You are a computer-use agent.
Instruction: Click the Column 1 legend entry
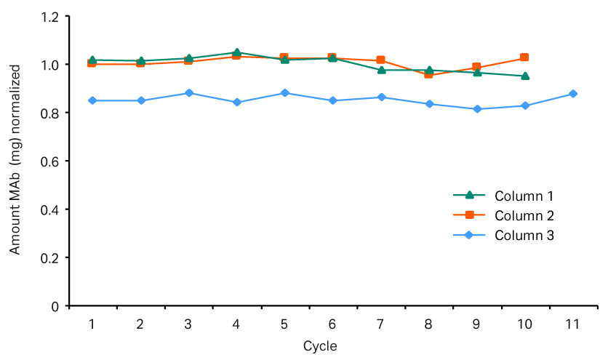(524, 196)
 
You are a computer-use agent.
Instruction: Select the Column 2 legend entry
(524, 216)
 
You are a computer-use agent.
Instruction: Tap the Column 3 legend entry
(524, 236)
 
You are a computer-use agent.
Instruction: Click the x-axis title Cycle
(320, 345)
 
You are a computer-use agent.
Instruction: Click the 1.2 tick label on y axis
(49, 17)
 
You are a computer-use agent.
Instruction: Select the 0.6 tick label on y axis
(49, 161)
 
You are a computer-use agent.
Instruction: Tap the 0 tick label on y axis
(55, 306)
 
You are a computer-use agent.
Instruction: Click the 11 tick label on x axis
(572, 324)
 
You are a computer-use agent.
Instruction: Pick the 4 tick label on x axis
(236, 324)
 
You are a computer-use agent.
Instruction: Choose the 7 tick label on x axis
(380, 324)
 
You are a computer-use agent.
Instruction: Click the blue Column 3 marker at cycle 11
(573, 94)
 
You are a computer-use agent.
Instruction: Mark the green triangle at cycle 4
(236, 52)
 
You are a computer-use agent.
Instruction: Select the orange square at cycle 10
(524, 57)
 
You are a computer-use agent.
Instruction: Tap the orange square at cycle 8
(428, 74)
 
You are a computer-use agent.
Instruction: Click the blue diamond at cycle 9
(477, 109)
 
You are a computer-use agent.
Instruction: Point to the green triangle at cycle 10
(524, 76)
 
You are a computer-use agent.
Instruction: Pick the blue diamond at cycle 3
(188, 93)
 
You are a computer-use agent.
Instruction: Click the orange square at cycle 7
(380, 60)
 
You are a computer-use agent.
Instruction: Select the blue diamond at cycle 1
(92, 100)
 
